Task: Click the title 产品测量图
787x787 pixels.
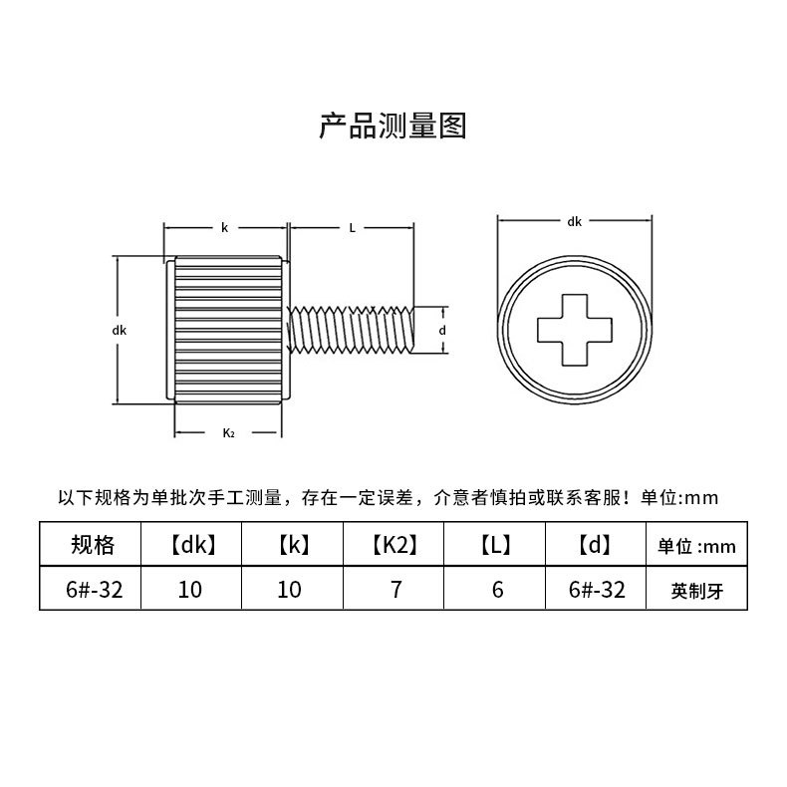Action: click(393, 127)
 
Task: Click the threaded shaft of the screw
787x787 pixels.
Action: click(349, 330)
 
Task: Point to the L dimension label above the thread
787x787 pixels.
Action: click(352, 228)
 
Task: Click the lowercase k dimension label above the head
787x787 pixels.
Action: click(225, 228)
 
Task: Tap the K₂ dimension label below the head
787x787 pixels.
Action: click(228, 432)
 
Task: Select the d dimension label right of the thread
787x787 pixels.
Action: click(442, 330)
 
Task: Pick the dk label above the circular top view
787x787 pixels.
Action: click(574, 222)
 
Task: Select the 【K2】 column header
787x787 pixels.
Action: click(394, 545)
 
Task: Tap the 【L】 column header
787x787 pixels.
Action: click(496, 545)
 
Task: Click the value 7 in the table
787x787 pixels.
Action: click(395, 590)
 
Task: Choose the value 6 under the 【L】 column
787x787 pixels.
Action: click(497, 590)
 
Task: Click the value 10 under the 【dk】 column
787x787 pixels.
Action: click(190, 590)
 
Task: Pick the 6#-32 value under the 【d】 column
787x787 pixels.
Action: click(596, 590)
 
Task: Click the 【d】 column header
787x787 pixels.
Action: click(595, 545)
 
